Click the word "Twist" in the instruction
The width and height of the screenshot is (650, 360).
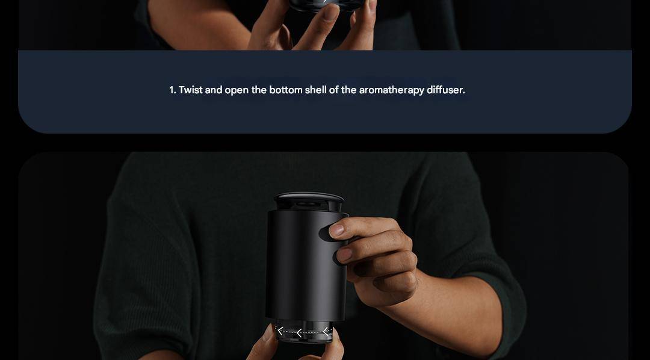tap(190, 90)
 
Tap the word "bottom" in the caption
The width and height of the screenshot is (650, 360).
tap(286, 90)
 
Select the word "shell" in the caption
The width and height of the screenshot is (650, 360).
tap(315, 90)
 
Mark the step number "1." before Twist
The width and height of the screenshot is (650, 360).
tap(173, 90)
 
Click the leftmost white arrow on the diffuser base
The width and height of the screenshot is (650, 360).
tap(280, 331)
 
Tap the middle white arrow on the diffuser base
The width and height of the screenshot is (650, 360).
tap(299, 333)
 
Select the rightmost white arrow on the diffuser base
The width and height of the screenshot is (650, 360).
tap(326, 331)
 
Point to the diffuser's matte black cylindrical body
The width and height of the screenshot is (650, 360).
tap(306, 265)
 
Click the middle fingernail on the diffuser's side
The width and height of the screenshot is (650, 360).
tap(344, 255)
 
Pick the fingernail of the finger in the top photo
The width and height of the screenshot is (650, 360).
tap(331, 12)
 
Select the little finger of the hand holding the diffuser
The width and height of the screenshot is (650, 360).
tap(394, 284)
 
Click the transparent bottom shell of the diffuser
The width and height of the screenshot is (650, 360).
tap(305, 331)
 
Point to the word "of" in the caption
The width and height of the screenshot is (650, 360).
tap(333, 90)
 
